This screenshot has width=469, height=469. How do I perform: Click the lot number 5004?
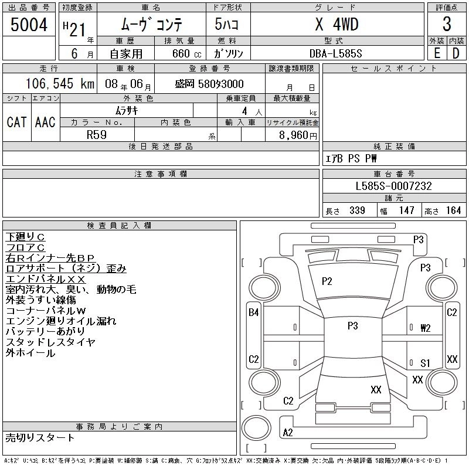tap(29, 25)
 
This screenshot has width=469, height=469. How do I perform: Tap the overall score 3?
tap(447, 24)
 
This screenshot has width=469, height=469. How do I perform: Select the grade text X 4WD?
tap(337, 24)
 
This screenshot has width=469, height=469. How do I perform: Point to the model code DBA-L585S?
tap(335, 53)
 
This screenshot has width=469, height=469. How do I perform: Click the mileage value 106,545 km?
tap(60, 83)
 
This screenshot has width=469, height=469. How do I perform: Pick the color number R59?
tap(97, 135)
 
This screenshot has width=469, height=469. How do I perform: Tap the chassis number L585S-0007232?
tap(393, 186)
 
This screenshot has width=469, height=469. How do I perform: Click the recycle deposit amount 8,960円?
tap(298, 135)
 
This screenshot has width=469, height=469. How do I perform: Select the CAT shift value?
tap(16, 122)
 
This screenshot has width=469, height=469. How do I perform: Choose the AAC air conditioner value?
tap(45, 122)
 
